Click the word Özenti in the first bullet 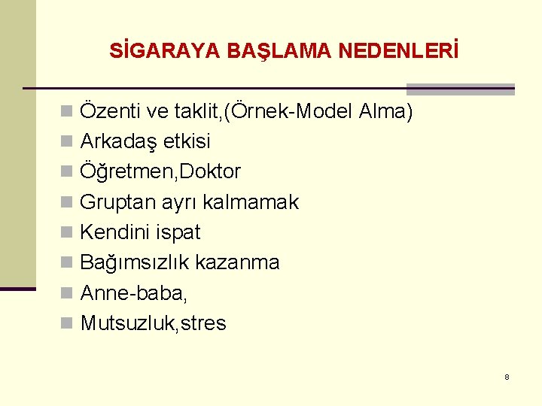(x=111, y=112)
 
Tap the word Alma (x=385, y=112)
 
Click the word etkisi (x=185, y=141)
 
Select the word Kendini (x=115, y=232)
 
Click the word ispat (x=178, y=233)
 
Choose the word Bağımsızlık (x=135, y=263)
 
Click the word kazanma (x=237, y=262)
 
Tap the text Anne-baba (x=133, y=292)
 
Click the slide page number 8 (x=507, y=377)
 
